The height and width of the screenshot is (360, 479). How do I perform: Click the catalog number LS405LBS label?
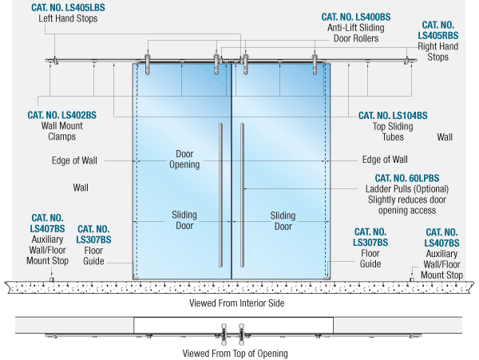(68, 7)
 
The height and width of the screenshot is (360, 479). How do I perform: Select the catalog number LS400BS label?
(356, 16)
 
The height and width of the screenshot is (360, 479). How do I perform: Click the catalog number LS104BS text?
(393, 115)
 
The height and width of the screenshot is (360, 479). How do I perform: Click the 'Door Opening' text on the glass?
(184, 159)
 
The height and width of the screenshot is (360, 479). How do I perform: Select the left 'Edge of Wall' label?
(74, 160)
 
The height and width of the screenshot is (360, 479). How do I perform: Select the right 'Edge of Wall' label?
(385, 160)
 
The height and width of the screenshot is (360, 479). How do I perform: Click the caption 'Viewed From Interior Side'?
(236, 303)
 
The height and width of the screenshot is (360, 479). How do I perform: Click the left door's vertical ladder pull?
(221, 196)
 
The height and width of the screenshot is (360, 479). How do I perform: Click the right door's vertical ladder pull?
(242, 196)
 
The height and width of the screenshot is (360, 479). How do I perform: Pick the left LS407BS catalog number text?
(48, 223)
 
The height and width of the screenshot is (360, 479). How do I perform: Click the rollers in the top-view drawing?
(232, 330)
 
